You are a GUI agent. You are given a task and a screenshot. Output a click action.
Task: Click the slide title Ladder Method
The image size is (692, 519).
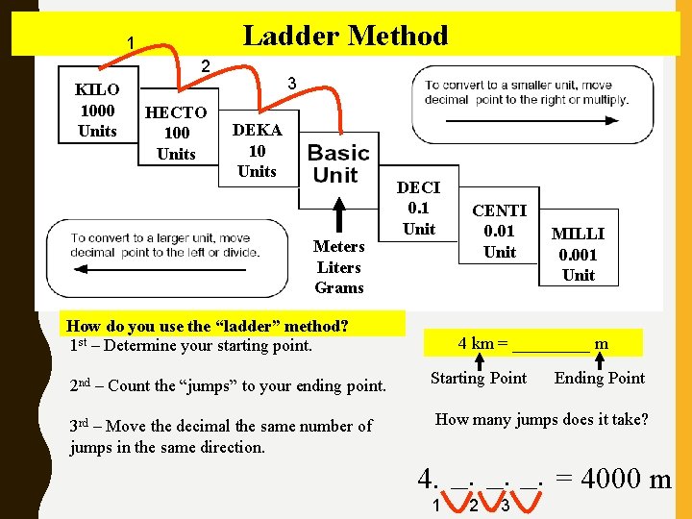(x=345, y=37)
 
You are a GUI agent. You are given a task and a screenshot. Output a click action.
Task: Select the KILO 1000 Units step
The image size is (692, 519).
(x=97, y=111)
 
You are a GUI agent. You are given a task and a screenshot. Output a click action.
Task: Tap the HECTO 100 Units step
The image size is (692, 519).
(x=176, y=133)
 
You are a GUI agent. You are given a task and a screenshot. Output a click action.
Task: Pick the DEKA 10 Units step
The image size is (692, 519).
(x=257, y=151)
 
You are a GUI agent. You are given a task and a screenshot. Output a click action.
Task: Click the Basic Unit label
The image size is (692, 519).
(x=337, y=164)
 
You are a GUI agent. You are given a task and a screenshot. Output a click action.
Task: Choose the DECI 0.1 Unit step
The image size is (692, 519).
(x=418, y=208)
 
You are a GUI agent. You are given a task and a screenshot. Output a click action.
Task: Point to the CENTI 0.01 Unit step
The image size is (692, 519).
(x=500, y=231)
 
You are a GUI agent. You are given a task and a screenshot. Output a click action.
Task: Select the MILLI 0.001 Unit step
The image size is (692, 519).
(x=579, y=254)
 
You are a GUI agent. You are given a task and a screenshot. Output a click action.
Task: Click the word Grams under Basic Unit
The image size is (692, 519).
(x=339, y=287)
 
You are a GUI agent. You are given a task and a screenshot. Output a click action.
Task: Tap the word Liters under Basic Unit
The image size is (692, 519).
(x=339, y=267)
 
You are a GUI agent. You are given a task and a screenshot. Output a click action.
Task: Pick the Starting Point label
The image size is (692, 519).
(x=479, y=378)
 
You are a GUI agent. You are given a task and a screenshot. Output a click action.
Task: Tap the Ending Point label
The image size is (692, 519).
(x=600, y=378)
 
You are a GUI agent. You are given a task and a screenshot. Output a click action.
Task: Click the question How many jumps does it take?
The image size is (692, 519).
(x=542, y=419)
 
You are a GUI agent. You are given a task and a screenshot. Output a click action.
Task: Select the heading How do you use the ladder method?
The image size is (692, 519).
(x=209, y=325)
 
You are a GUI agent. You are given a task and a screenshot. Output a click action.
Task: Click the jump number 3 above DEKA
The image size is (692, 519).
(x=291, y=85)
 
